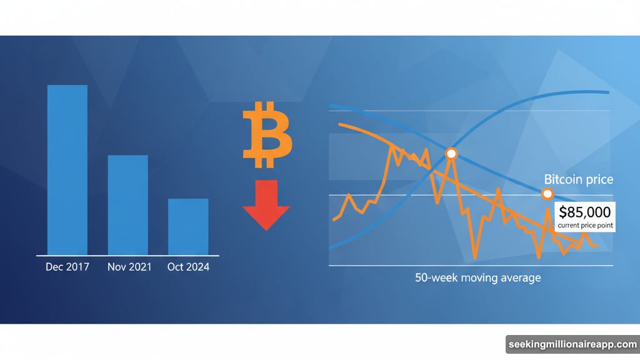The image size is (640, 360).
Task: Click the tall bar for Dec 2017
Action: pyautogui.click(x=67, y=169)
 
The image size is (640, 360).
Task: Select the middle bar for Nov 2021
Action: pyautogui.click(x=127, y=205)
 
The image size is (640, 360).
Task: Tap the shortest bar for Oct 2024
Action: pyautogui.click(x=187, y=227)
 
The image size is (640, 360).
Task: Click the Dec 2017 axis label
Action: pyautogui.click(x=67, y=267)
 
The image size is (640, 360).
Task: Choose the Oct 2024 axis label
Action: pyautogui.click(x=188, y=267)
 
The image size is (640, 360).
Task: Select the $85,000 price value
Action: pyautogui.click(x=586, y=212)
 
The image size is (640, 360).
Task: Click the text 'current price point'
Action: pyautogui.click(x=586, y=225)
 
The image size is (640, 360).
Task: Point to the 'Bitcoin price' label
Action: pyautogui.click(x=578, y=180)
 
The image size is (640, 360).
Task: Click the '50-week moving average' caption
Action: pyautogui.click(x=477, y=277)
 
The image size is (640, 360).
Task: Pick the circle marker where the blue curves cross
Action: pyautogui.click(x=451, y=153)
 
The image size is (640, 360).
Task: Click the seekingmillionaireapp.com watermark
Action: pyautogui.click(x=572, y=345)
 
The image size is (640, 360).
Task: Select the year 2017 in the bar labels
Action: pyautogui.click(x=77, y=267)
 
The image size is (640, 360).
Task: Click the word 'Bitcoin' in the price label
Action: pyautogui.click(x=561, y=180)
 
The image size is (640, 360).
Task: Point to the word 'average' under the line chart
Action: pyautogui.click(x=521, y=277)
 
